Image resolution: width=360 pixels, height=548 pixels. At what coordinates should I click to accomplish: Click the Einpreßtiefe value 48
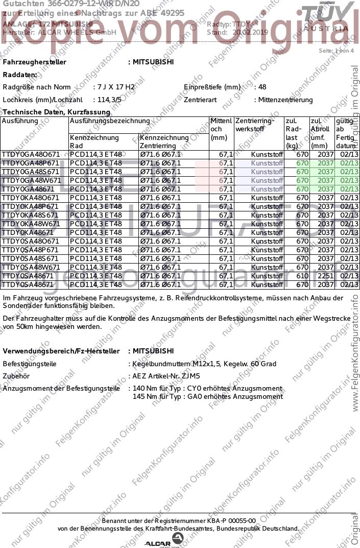point(262,87)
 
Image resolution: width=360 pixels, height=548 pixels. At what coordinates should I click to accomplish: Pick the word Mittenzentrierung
point(285,100)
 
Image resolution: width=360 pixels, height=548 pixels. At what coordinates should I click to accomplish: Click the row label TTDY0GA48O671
point(31,154)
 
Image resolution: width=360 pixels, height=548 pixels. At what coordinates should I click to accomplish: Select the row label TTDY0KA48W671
point(31,224)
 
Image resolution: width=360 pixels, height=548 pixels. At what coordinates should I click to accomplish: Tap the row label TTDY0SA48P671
point(31,250)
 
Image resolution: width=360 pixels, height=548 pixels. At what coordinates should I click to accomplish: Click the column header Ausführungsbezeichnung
point(110,121)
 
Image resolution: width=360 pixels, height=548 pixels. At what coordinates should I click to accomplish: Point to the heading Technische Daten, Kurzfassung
point(56,112)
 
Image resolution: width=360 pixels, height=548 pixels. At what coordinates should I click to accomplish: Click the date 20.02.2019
point(250,32)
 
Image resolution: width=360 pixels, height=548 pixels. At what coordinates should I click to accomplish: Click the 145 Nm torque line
point(207,396)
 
